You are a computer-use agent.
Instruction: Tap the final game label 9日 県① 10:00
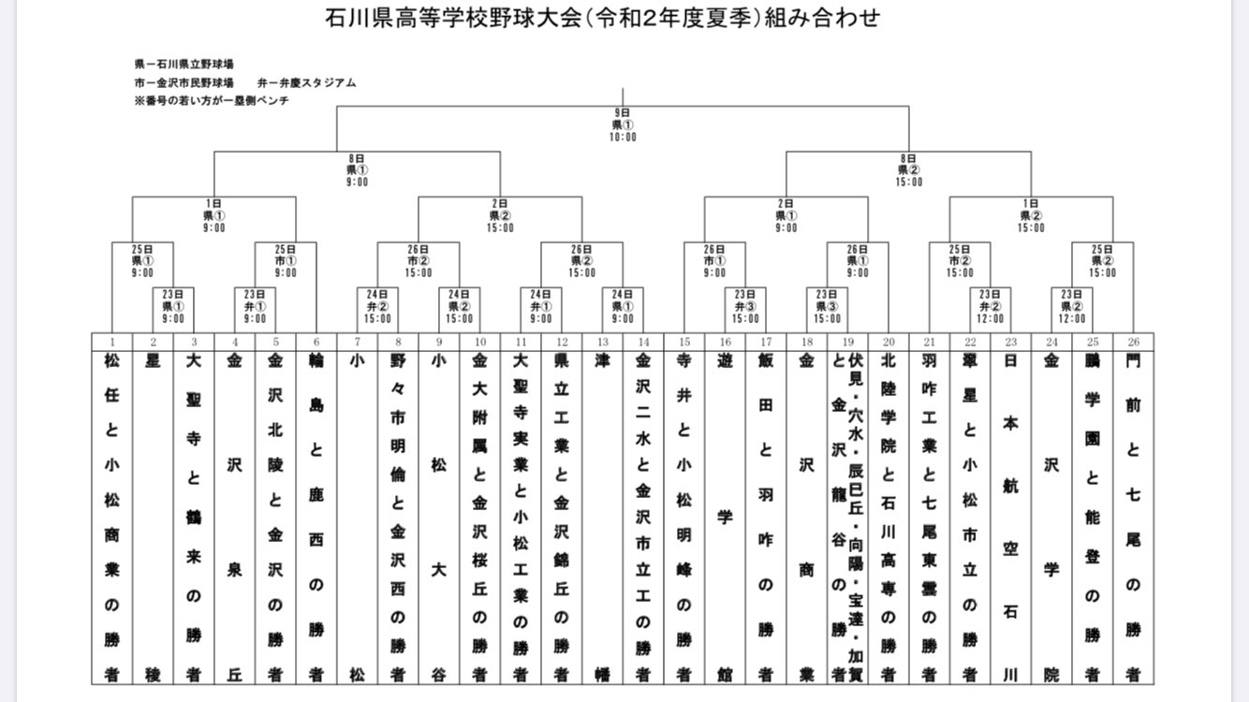(x=623, y=124)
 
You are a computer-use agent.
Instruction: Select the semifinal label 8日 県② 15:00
(x=908, y=170)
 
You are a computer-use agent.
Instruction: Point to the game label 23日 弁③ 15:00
(x=746, y=306)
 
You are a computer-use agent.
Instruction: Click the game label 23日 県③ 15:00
(x=827, y=306)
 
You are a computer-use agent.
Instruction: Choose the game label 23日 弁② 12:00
(x=991, y=306)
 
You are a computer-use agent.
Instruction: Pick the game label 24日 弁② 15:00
(x=377, y=306)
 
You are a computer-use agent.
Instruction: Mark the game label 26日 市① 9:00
(x=713, y=261)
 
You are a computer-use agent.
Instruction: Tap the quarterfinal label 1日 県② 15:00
(x=1030, y=215)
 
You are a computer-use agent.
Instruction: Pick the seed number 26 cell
(x=1133, y=343)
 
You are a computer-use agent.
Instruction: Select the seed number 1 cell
(x=111, y=343)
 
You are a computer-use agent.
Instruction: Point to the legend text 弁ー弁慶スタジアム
(x=306, y=82)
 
